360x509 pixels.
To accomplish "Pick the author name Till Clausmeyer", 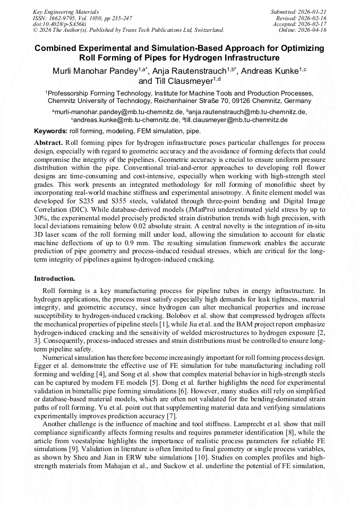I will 175,82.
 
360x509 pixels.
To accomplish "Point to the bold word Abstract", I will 49,143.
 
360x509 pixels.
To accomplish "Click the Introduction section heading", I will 55,278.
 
